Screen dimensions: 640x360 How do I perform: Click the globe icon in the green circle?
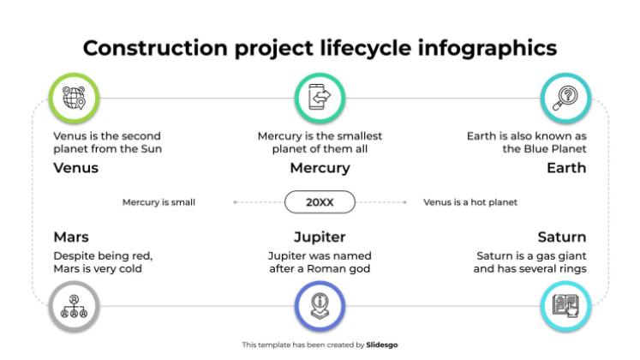[x=74, y=98]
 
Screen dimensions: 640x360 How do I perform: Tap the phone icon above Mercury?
[x=320, y=97]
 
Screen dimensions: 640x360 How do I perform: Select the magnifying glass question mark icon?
[x=565, y=99]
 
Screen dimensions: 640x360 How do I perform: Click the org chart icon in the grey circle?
[x=74, y=307]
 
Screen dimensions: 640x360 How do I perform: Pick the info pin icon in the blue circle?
[x=320, y=306]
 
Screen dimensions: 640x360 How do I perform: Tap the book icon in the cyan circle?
[x=565, y=306]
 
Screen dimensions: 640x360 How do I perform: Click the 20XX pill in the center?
[x=320, y=202]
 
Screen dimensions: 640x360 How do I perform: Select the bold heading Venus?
[x=76, y=168]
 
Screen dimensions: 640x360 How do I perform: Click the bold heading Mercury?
[x=320, y=168]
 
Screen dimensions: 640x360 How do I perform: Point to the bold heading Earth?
[x=566, y=168]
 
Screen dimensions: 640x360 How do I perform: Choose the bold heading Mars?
[x=71, y=237]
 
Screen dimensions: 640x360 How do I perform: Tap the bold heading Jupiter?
[x=320, y=237]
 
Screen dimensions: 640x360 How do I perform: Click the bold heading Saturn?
[x=562, y=237]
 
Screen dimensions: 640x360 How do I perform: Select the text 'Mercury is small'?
[x=159, y=202]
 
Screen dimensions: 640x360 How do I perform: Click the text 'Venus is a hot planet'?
[x=470, y=202]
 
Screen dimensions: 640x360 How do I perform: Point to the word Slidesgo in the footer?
[x=381, y=345]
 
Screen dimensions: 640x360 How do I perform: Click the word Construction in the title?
[x=155, y=48]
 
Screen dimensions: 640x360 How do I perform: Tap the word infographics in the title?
[x=487, y=49]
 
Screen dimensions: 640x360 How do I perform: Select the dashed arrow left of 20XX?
[x=258, y=202]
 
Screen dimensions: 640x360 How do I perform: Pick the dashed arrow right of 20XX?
[x=381, y=202]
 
